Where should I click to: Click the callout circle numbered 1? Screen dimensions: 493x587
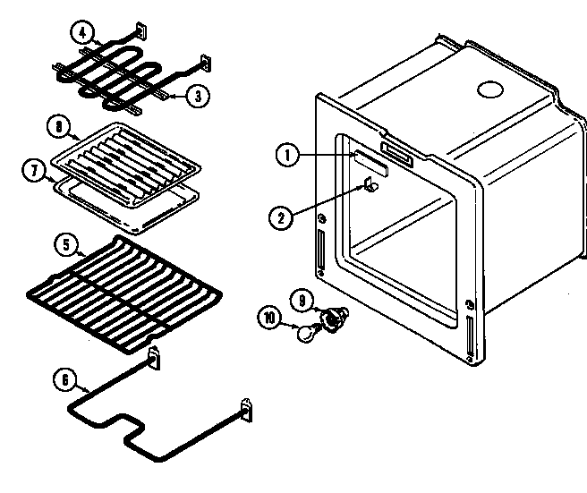click(286, 155)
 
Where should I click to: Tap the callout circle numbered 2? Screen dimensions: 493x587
click(279, 215)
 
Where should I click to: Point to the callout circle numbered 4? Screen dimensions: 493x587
click(82, 34)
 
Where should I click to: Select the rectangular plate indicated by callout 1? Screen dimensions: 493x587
click(370, 161)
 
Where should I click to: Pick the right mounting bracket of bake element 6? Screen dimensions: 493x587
click(246, 408)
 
